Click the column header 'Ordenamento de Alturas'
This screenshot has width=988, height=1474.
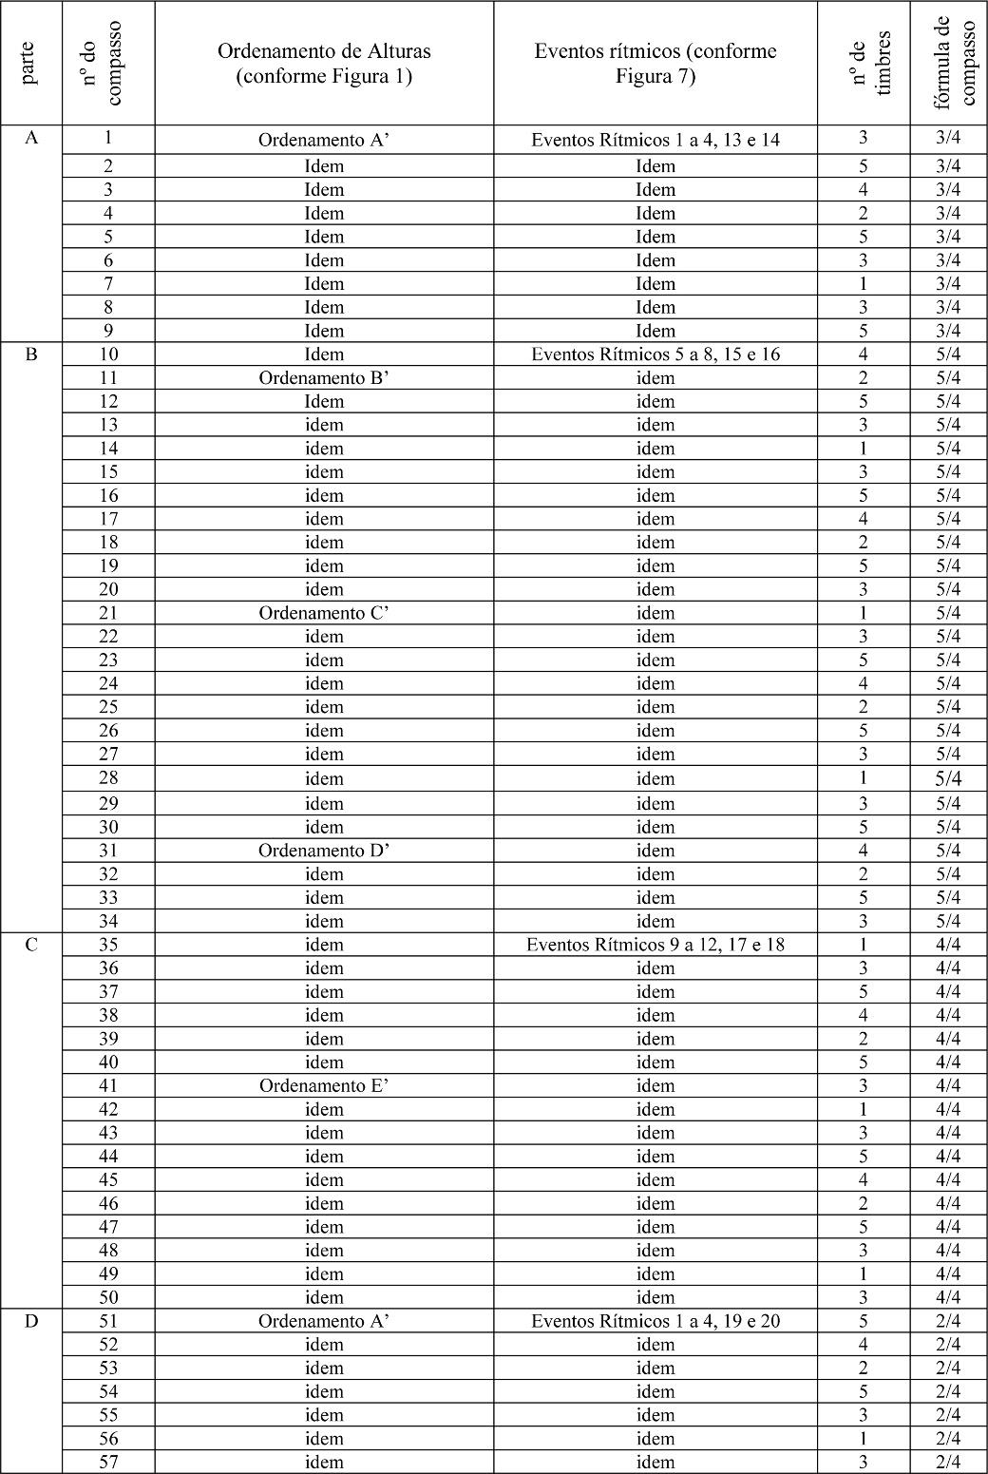click(324, 51)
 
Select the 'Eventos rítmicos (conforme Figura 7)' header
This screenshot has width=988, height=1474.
click(655, 51)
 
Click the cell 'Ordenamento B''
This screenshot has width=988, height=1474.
click(324, 377)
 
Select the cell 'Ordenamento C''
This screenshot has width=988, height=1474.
click(324, 613)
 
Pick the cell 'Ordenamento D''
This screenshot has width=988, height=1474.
click(324, 851)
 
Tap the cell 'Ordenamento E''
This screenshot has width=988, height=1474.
click(324, 1085)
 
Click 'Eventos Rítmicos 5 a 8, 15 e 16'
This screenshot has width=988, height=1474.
click(655, 354)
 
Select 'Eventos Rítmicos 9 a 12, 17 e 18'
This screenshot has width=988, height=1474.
click(655, 945)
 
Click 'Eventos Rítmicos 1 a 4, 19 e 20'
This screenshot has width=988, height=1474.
click(655, 1321)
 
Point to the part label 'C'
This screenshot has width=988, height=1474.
click(31, 946)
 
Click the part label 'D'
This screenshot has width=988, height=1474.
click(31, 1322)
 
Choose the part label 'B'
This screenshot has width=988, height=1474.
click(31, 355)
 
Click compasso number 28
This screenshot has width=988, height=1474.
click(108, 778)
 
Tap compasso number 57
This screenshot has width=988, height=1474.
click(108, 1462)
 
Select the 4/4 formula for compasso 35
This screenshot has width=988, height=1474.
click(948, 945)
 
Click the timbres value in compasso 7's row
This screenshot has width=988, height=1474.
click(864, 283)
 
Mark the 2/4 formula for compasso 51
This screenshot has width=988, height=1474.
click(948, 1321)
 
